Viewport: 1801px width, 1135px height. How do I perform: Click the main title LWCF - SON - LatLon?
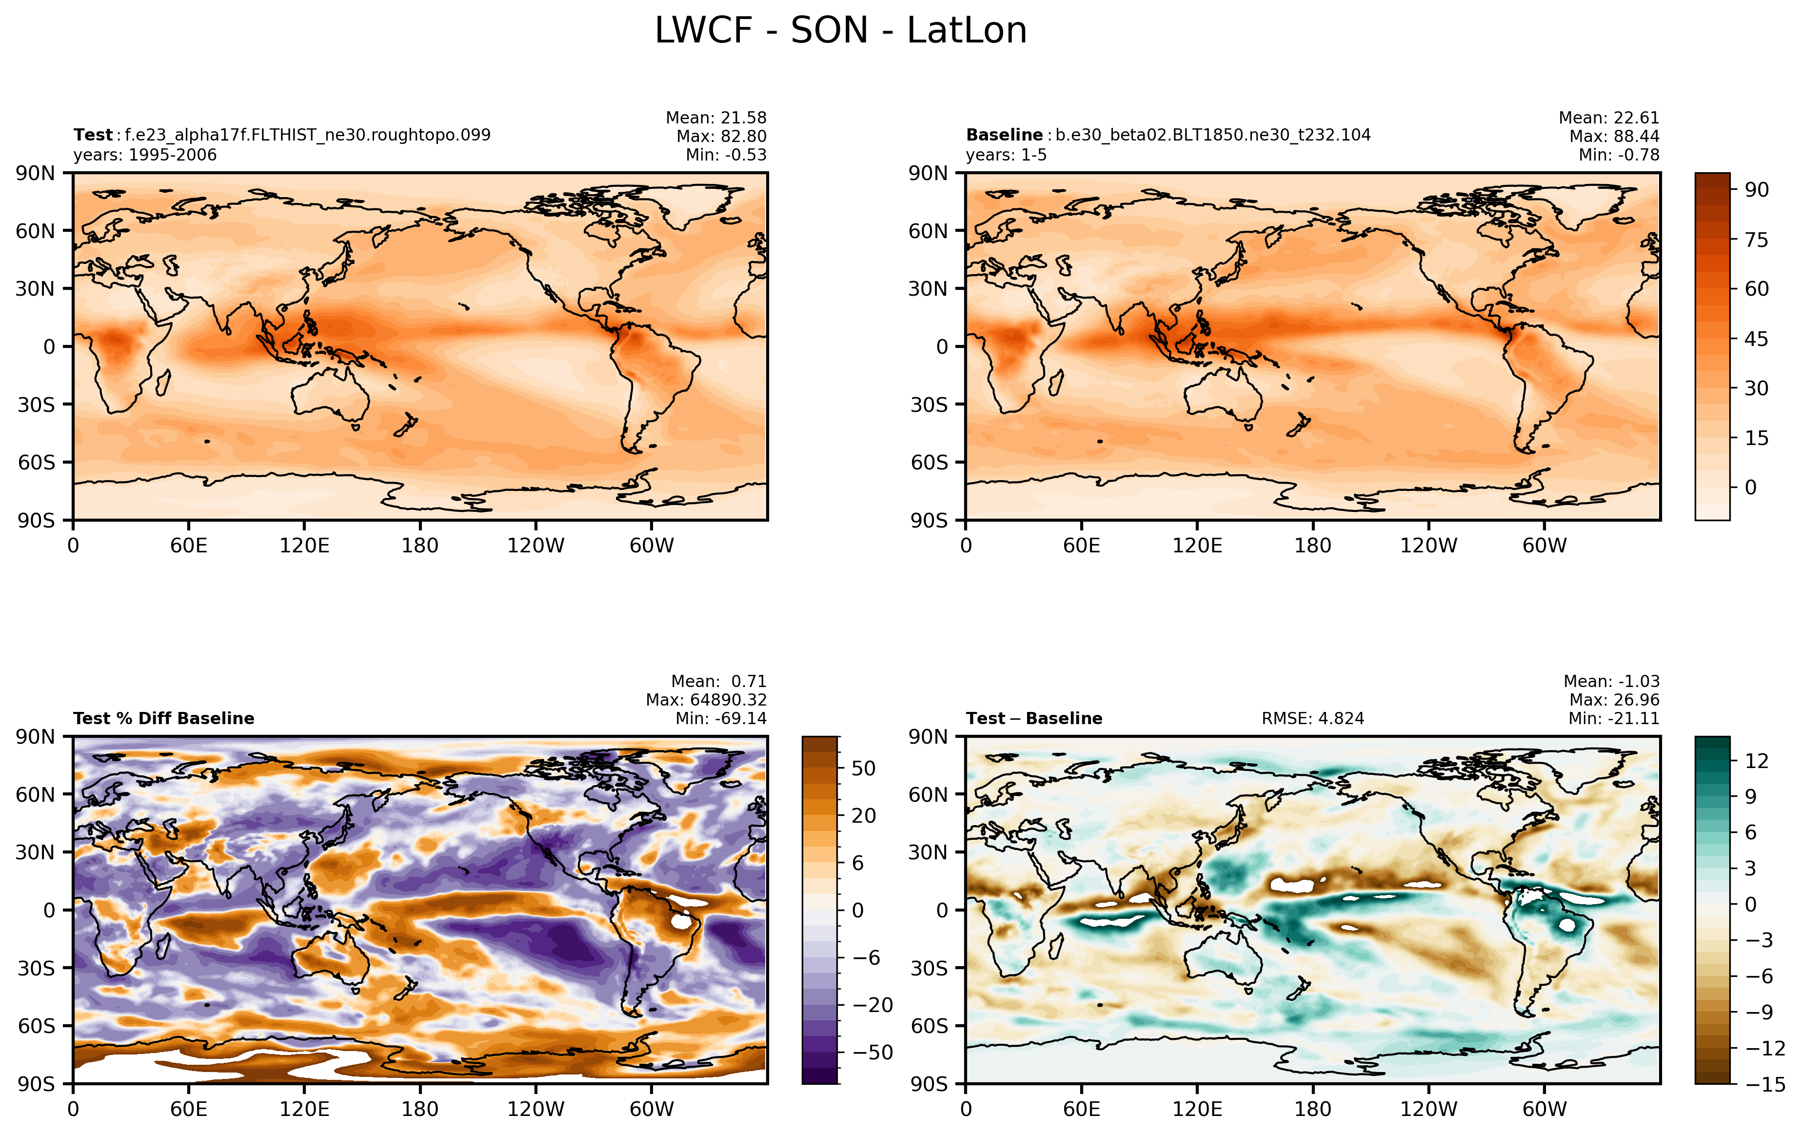click(841, 31)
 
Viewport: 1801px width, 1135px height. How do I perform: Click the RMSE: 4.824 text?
click(1313, 719)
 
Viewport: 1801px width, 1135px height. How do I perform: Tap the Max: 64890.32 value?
click(706, 700)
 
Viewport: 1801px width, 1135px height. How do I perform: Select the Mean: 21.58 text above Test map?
click(716, 118)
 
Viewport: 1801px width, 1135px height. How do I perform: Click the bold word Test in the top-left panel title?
click(93, 136)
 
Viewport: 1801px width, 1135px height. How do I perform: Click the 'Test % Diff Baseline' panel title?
click(164, 719)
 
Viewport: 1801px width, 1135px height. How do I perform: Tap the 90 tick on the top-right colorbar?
click(1757, 190)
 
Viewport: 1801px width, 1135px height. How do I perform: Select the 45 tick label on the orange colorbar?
click(1757, 339)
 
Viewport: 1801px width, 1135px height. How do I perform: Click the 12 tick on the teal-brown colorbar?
click(1757, 761)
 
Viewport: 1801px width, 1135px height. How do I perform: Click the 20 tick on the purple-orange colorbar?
click(864, 815)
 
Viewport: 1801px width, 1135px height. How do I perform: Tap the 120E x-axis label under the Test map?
click(304, 546)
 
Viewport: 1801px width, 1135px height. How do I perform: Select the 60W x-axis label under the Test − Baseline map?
click(1544, 1109)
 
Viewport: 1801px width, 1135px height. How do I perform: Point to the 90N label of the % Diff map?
click(35, 737)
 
